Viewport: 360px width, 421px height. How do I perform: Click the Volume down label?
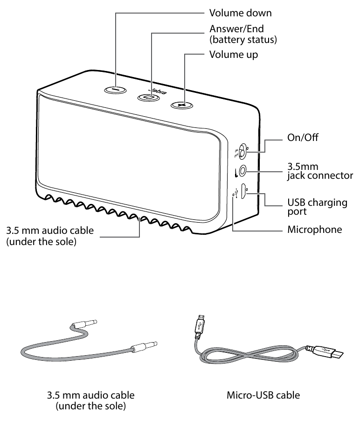tap(240, 13)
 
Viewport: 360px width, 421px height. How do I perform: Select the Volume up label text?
tap(233, 55)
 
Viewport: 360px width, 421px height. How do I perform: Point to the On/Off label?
tap(303, 139)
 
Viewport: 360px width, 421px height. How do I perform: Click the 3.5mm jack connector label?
tap(319, 171)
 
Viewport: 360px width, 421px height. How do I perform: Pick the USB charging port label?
tap(317, 207)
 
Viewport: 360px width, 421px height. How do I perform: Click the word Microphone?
tap(314, 230)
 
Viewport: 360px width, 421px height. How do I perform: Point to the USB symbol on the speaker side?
tap(237, 192)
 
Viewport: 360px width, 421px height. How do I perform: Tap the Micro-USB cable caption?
tap(263, 395)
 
